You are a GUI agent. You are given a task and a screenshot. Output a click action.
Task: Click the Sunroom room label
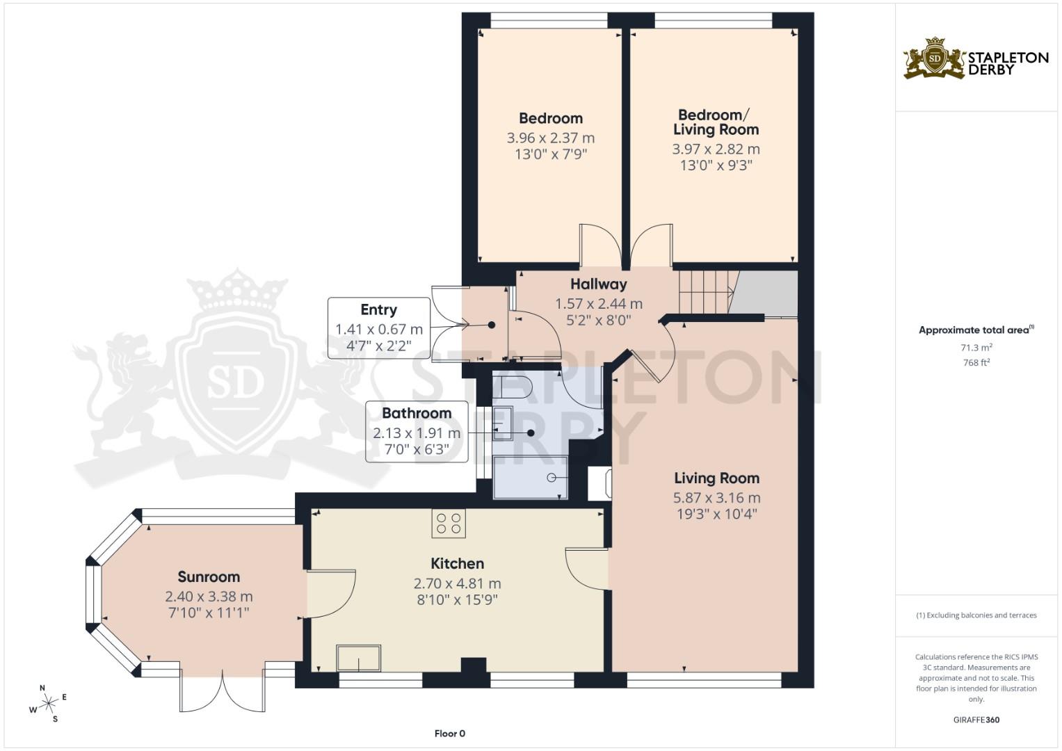click(x=209, y=577)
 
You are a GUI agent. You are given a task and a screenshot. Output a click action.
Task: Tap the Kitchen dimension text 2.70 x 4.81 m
click(x=457, y=583)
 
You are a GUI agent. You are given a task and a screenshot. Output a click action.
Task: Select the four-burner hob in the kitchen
click(x=449, y=524)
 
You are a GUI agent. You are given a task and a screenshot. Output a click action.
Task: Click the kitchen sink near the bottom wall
click(x=358, y=658)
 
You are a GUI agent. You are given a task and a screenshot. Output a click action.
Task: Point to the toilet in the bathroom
click(x=513, y=385)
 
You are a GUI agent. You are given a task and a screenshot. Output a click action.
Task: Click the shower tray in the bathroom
click(x=530, y=477)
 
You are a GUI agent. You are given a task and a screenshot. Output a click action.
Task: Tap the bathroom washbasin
click(x=502, y=423)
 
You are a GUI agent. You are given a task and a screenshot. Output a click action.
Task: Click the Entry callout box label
click(x=378, y=310)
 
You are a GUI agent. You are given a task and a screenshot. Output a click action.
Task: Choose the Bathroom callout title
click(x=417, y=413)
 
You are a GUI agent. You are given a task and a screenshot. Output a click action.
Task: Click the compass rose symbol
click(x=49, y=704)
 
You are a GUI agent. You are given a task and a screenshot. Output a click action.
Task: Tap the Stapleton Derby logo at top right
click(x=976, y=59)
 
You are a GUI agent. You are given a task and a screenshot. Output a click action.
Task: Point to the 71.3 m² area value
click(x=976, y=347)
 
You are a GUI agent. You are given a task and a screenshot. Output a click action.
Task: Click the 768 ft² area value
click(x=976, y=362)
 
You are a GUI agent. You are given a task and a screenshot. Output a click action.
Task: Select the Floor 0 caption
click(x=449, y=734)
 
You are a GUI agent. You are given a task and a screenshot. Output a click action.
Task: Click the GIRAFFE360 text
click(x=976, y=720)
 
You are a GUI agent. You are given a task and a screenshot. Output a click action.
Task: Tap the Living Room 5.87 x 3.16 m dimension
click(x=716, y=498)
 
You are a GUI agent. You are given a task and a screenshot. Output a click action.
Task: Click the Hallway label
click(x=598, y=284)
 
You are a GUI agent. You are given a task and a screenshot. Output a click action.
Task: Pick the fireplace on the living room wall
click(x=600, y=483)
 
